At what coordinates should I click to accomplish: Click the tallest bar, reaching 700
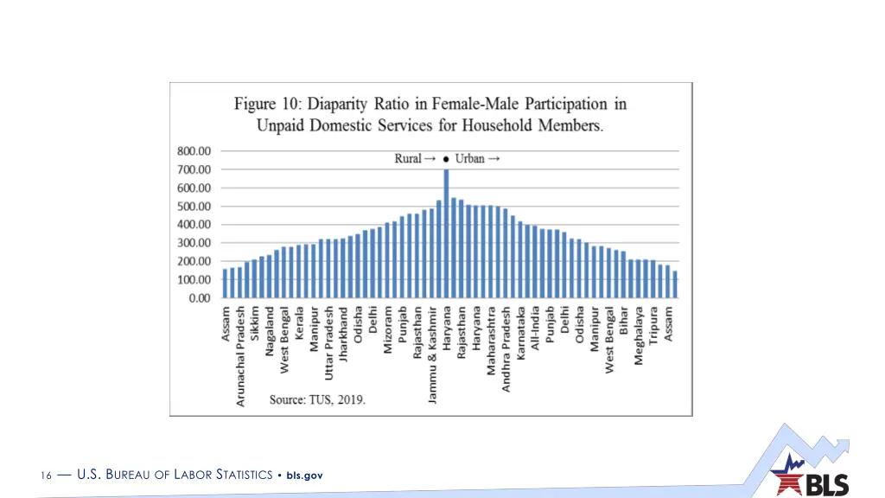tap(446, 233)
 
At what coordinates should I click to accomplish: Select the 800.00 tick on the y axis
tap(194, 150)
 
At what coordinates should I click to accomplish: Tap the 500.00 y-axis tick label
tap(194, 206)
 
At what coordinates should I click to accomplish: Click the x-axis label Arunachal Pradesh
tap(240, 355)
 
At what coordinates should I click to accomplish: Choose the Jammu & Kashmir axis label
tap(431, 354)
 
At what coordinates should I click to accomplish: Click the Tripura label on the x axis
tap(653, 325)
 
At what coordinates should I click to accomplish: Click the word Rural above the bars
tap(408, 158)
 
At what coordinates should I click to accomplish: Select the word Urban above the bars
tap(471, 158)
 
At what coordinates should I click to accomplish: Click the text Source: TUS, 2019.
tap(317, 399)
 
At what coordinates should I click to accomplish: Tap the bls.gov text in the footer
tap(304, 475)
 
